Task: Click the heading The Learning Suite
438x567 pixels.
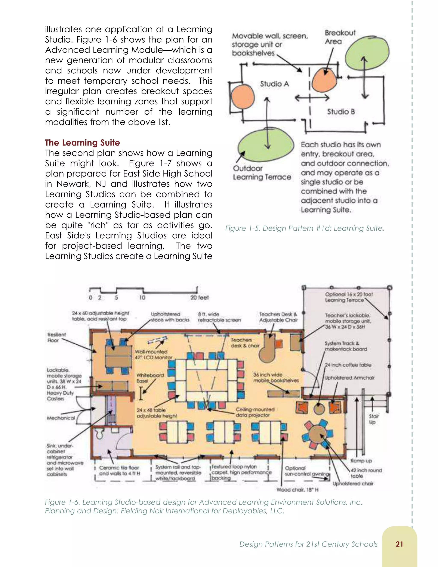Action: tap(82, 143)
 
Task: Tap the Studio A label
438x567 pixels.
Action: tap(274, 84)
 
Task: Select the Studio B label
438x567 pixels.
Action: tap(341, 112)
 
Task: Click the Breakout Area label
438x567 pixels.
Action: tap(340, 37)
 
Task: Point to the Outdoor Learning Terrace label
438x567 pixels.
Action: tap(261, 173)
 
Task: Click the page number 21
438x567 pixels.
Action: tap(399, 544)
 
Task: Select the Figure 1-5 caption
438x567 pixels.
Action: tap(304, 229)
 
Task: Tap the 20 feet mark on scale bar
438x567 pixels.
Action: tap(199, 298)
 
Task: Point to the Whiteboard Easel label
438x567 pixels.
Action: tap(150, 378)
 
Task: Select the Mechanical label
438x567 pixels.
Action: tap(61, 418)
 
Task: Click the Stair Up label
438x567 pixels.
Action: tap(374, 419)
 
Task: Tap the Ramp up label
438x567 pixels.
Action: tap(361, 461)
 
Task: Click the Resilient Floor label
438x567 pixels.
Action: tap(56, 337)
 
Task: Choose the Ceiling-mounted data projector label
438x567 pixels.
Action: tap(255, 412)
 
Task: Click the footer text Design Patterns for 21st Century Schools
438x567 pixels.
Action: tap(308, 544)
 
